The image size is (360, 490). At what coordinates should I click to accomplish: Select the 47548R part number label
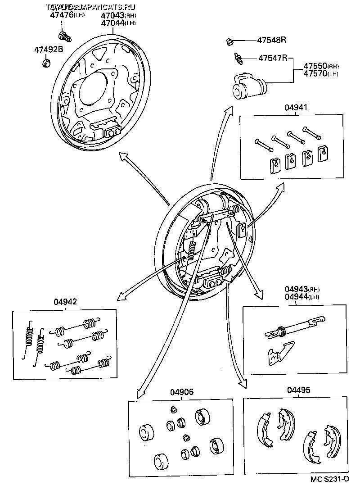[272, 40]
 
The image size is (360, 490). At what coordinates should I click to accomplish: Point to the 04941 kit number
[296, 108]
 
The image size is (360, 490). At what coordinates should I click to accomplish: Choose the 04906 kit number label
[181, 392]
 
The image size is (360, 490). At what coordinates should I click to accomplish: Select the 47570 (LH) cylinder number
[315, 73]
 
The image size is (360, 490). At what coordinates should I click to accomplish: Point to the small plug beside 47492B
[46, 62]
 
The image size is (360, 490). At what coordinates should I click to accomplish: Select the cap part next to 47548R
[229, 42]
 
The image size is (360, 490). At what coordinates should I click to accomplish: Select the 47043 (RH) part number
[112, 15]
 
